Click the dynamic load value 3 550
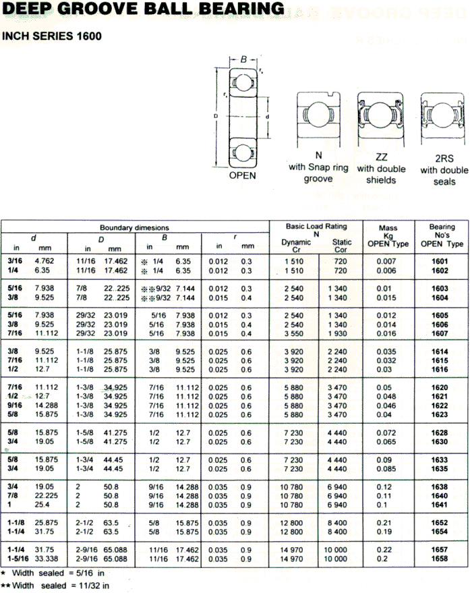[295, 333]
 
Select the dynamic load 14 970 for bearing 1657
[295, 550]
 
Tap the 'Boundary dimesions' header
[134, 228]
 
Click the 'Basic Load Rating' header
[316, 227]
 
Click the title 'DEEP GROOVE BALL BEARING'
[142, 9]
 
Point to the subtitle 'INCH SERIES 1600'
[52, 36]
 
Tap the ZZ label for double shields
[382, 157]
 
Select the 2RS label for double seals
[444, 159]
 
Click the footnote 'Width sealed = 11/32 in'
[61, 586]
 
